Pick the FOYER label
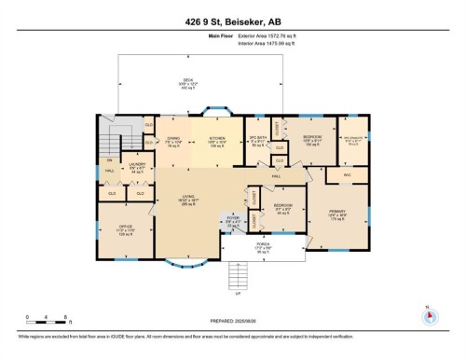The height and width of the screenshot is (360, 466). point(233,222)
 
